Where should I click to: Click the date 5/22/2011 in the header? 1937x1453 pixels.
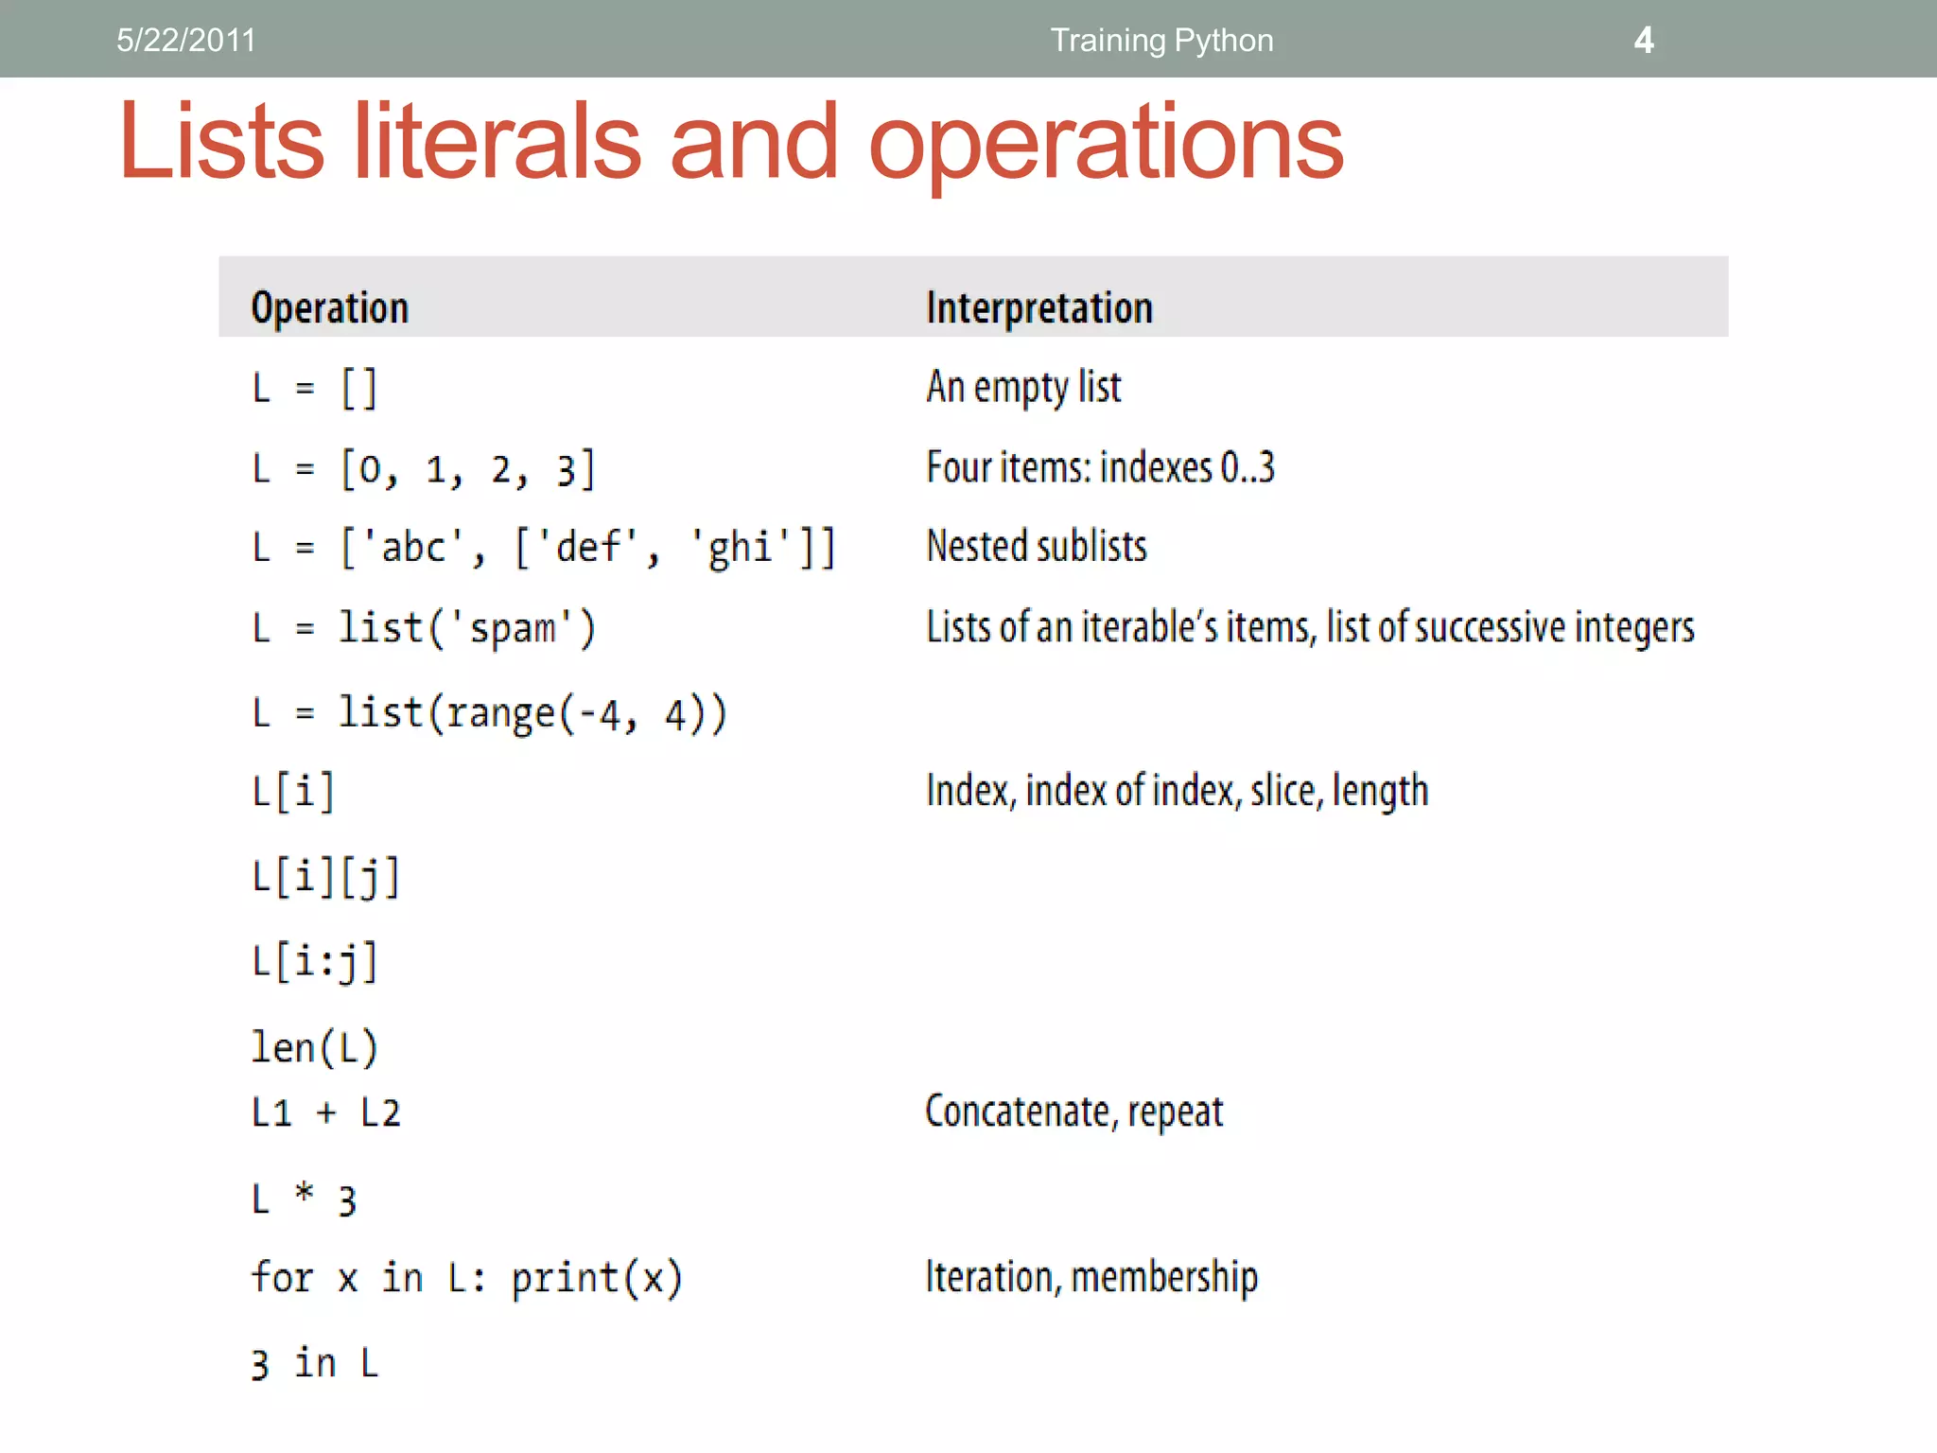click(186, 41)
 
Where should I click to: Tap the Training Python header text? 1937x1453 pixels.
click(1161, 41)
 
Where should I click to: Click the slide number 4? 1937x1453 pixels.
click(1644, 41)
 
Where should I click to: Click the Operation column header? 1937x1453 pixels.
click(330, 308)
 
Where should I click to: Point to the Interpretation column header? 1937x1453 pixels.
click(1039, 308)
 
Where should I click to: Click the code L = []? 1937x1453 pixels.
click(315, 388)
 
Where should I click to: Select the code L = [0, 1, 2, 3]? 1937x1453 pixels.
click(424, 469)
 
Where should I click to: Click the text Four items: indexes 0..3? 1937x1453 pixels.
click(1100, 467)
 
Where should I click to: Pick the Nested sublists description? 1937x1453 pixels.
click(1037, 547)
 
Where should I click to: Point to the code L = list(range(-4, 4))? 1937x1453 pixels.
click(489, 713)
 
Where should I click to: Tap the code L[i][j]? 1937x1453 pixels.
click(326, 878)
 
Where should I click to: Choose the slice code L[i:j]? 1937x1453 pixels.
click(315, 962)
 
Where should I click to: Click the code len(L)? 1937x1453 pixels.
click(315, 1047)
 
